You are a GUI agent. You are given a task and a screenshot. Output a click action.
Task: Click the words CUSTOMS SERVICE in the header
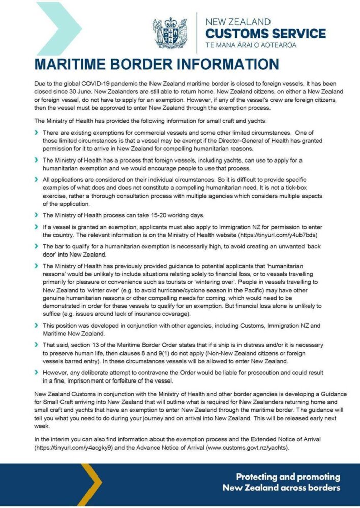pos(265,34)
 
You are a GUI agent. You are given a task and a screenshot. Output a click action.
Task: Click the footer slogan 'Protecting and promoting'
pos(288,477)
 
